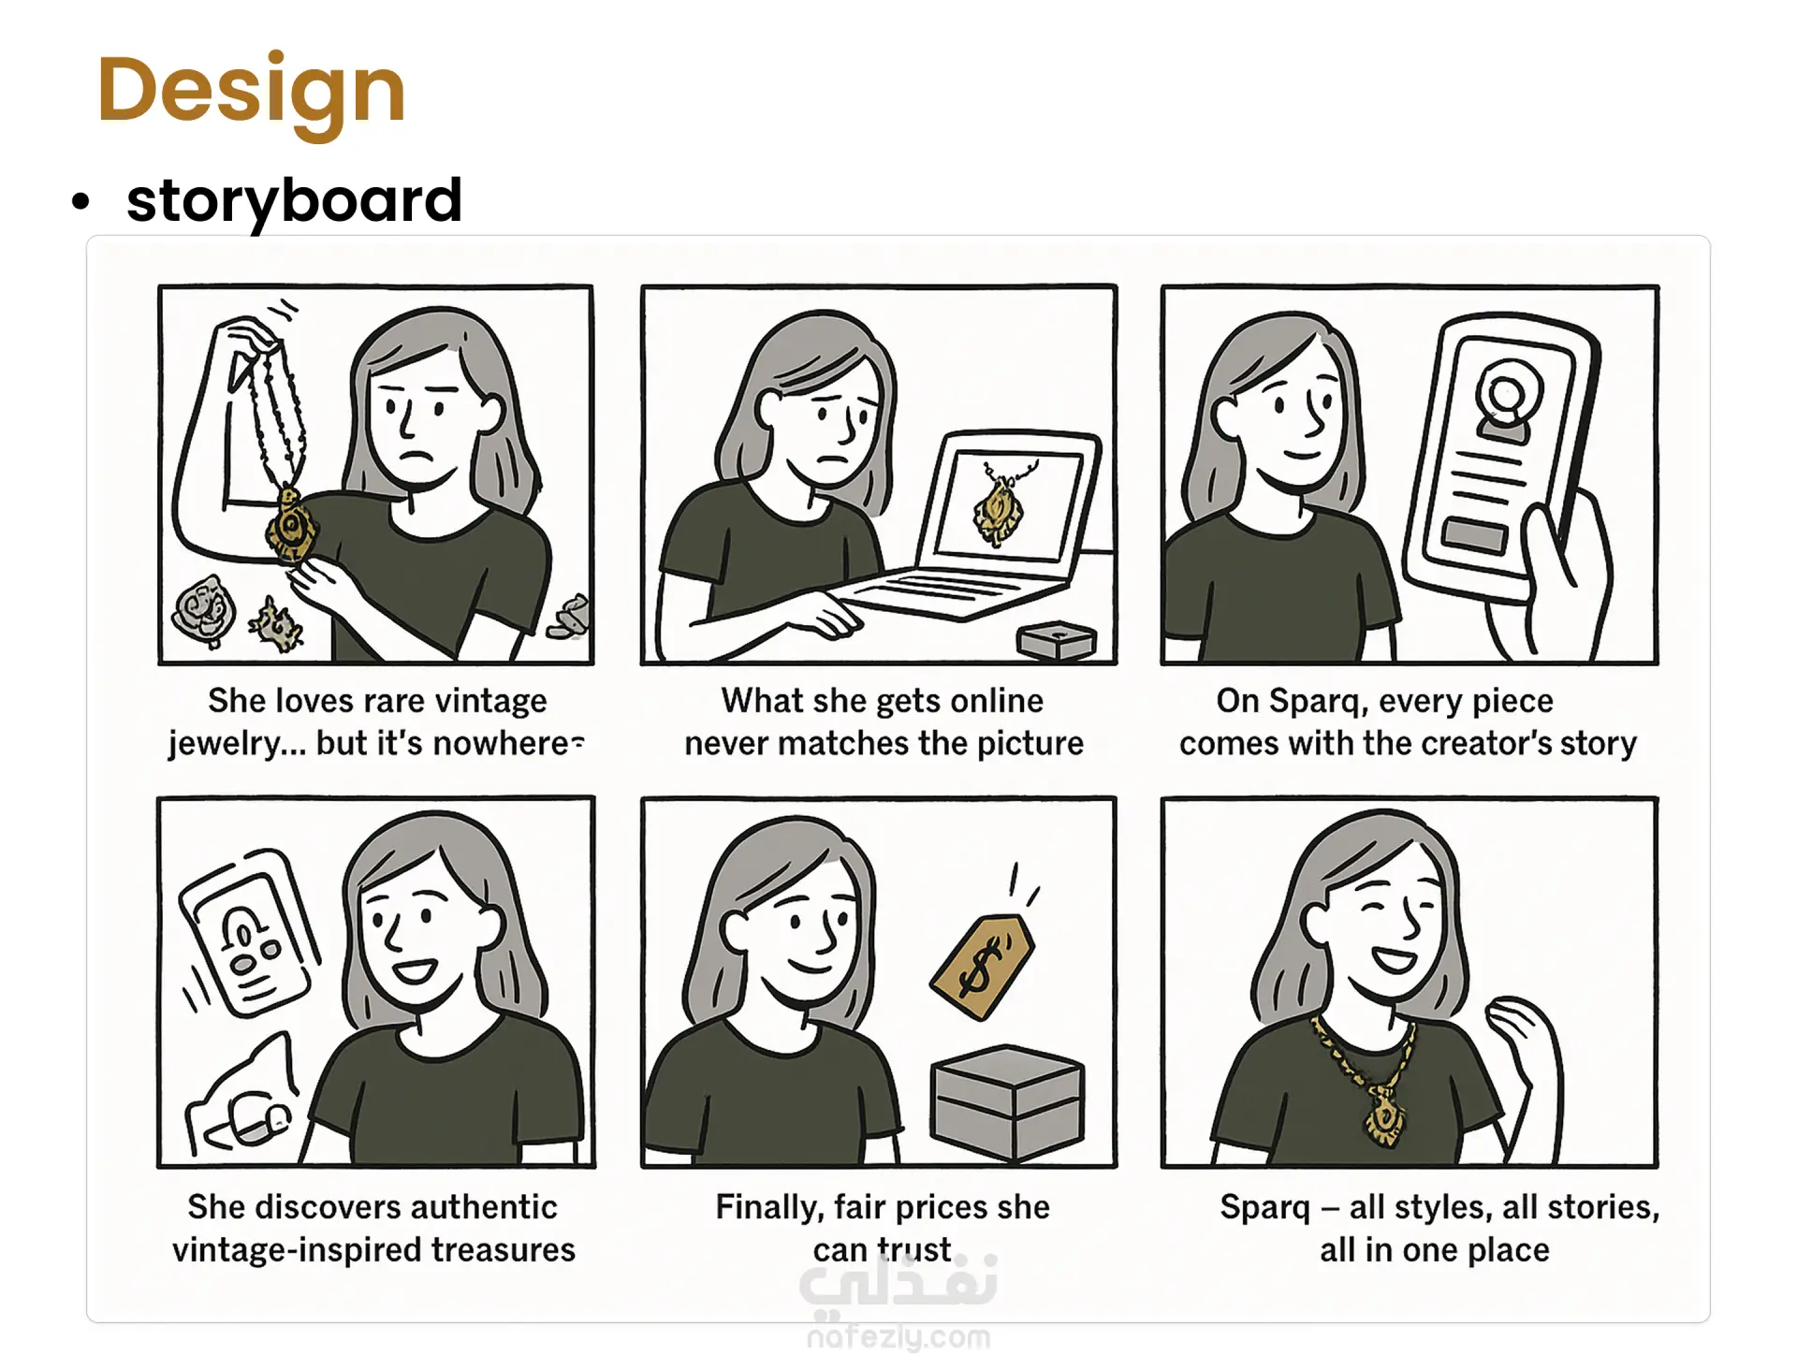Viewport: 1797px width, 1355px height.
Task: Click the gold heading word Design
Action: click(251, 91)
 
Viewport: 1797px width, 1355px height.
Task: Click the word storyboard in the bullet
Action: click(294, 200)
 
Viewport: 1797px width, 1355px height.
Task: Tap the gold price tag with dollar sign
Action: click(982, 966)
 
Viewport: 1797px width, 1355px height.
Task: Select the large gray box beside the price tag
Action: click(1007, 1104)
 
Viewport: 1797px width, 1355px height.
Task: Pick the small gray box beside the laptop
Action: click(1057, 641)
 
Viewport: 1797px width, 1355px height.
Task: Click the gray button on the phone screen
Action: click(1474, 534)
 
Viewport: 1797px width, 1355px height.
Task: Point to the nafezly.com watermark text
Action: click(898, 1337)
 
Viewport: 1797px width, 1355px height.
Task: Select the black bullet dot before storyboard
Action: click(81, 201)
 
